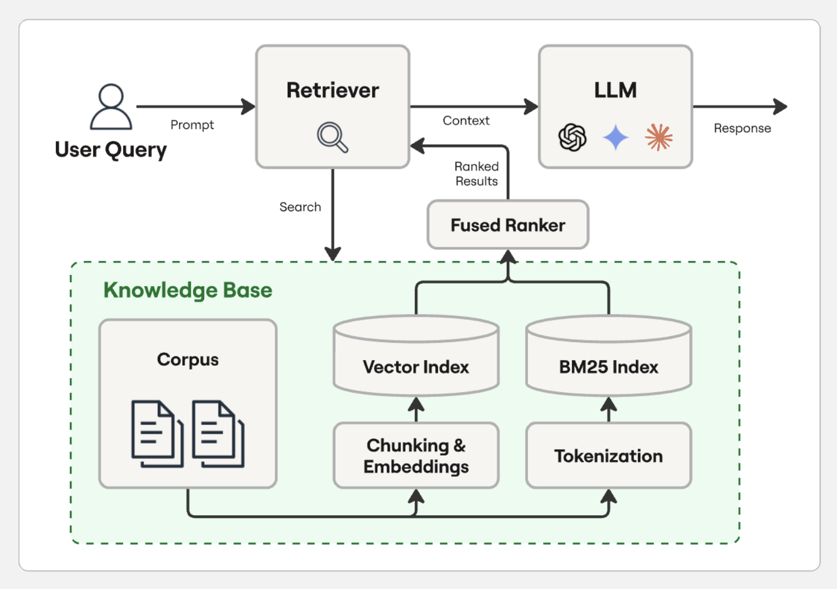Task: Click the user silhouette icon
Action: click(x=111, y=107)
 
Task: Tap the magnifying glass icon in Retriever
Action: click(x=333, y=137)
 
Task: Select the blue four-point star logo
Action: click(x=616, y=137)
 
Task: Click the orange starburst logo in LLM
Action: click(x=659, y=137)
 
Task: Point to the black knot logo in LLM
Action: click(x=572, y=137)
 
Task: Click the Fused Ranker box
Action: click(x=507, y=225)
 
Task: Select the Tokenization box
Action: click(x=609, y=456)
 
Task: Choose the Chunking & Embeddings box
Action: click(x=416, y=456)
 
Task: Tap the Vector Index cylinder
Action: click(x=416, y=357)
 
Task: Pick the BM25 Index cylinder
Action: click(x=609, y=357)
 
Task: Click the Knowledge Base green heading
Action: click(x=188, y=290)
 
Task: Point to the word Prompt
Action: click(x=192, y=125)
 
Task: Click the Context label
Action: click(x=466, y=121)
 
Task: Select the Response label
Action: click(x=742, y=128)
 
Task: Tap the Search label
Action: click(x=300, y=207)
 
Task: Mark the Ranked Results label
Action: click(x=477, y=174)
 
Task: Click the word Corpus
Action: click(x=188, y=359)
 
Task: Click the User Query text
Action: click(x=111, y=150)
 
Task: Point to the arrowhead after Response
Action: click(x=782, y=107)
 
